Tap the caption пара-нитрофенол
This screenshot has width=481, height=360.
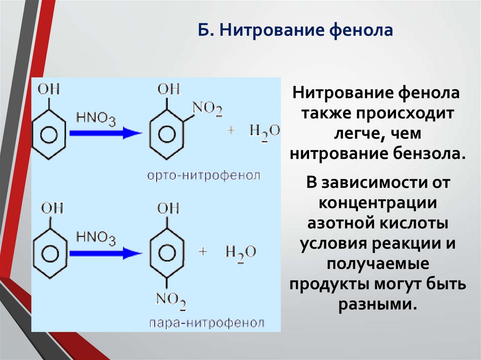pyautogui.click(x=207, y=323)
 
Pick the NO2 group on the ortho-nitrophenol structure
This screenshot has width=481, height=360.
pyautogui.click(x=207, y=110)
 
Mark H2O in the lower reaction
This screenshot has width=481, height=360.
pyautogui.click(x=240, y=252)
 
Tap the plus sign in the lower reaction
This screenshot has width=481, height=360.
pyautogui.click(x=203, y=252)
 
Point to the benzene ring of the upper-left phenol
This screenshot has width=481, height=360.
pyautogui.click(x=47, y=134)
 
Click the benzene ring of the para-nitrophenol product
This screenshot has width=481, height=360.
pyautogui.click(x=166, y=253)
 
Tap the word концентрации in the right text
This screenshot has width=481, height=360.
pyautogui.click(x=378, y=204)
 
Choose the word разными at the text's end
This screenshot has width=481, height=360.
pyautogui.click(x=377, y=303)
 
